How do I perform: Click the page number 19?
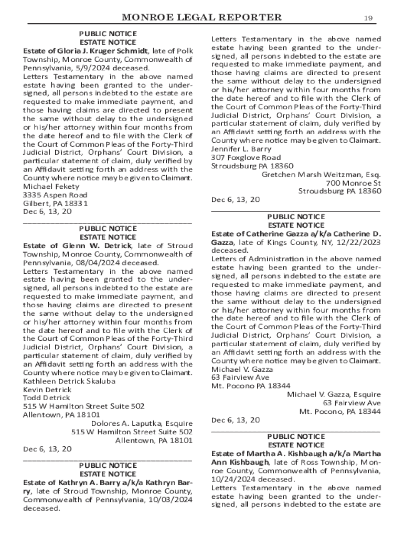coord(368,18)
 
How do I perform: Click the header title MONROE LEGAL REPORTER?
coord(201,18)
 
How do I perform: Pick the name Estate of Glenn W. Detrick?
coord(77,245)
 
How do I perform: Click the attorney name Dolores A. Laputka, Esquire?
coord(142,423)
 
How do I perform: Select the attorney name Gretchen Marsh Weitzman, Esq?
coord(321,174)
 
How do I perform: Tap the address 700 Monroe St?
coord(353,182)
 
